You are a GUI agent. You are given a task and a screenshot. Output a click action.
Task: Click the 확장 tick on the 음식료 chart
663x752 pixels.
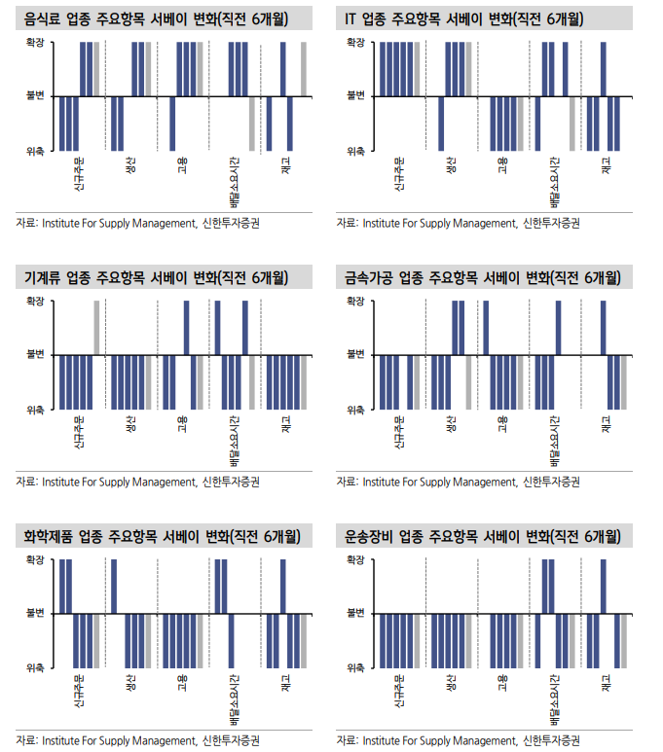36,44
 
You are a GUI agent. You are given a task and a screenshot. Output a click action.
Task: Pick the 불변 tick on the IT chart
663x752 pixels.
355,97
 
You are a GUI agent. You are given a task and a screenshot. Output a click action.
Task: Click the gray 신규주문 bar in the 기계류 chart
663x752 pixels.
96,328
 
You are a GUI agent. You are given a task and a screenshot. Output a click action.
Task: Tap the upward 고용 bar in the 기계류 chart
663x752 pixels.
187,328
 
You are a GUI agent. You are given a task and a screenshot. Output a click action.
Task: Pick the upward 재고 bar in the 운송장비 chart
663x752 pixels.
604,587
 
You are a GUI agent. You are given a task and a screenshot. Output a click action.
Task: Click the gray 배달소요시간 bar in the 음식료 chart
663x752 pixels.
251,124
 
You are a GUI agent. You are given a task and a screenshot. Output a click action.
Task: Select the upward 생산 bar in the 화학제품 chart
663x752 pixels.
114,587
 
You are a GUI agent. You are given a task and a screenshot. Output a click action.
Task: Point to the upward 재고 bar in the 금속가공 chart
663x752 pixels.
604,328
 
